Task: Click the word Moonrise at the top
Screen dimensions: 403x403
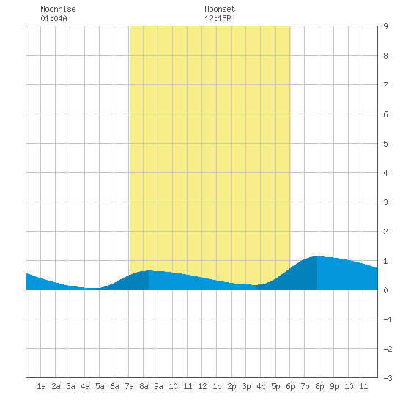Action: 58,9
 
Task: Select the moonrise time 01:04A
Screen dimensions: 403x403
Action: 53,18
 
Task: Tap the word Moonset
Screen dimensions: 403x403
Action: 220,9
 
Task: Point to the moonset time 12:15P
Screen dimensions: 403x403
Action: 218,18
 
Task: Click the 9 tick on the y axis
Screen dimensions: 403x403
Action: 385,26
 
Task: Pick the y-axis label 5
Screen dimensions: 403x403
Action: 385,144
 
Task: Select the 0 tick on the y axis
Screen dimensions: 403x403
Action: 385,290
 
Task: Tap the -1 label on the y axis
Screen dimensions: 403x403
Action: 388,319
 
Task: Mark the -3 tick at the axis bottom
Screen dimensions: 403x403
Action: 388,378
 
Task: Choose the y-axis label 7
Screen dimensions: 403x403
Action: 385,85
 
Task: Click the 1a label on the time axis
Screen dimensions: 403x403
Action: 41,386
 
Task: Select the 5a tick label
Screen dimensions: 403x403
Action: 100,386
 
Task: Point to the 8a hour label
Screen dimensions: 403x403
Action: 144,386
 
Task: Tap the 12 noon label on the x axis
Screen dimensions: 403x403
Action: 202,386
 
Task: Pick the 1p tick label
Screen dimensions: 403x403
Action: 217,386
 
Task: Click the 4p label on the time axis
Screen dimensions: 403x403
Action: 261,386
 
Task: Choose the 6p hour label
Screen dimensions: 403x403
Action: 290,386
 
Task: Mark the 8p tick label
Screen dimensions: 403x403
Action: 319,386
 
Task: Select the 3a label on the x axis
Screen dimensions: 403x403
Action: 70,386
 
